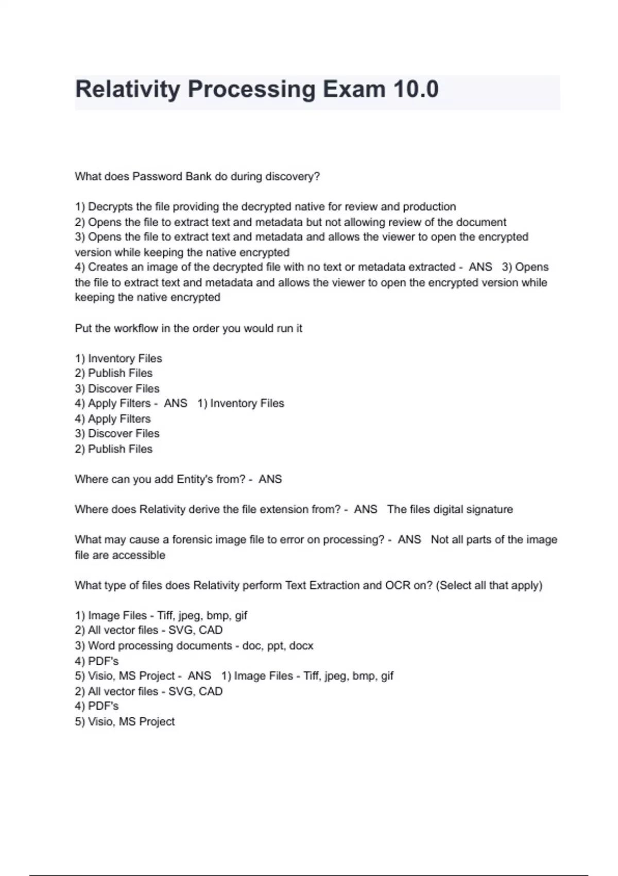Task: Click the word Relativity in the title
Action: click(x=127, y=89)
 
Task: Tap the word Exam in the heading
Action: click(x=354, y=89)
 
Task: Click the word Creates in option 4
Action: click(x=106, y=267)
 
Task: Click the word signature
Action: click(x=487, y=510)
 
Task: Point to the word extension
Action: click(x=285, y=510)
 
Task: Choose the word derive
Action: click(x=204, y=510)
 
